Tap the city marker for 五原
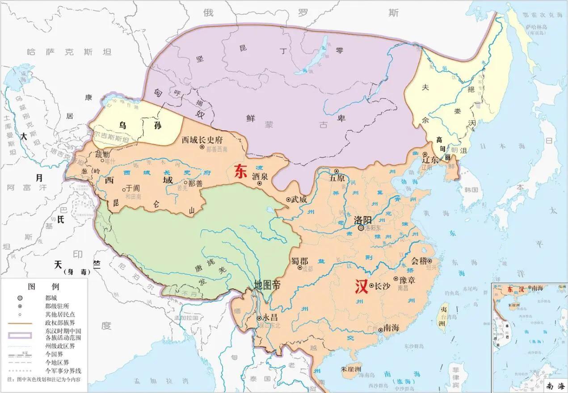tap(337, 171)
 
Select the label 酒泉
tap(260, 177)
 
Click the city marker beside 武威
tap(288, 199)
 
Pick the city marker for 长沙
tap(371, 285)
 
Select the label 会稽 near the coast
tap(419, 261)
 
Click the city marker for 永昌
tap(259, 319)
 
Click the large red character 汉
tap(361, 286)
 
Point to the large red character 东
tap(240, 172)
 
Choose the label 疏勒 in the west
tap(102, 154)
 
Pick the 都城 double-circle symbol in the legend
tap(20, 298)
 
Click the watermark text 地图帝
tap(267, 285)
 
